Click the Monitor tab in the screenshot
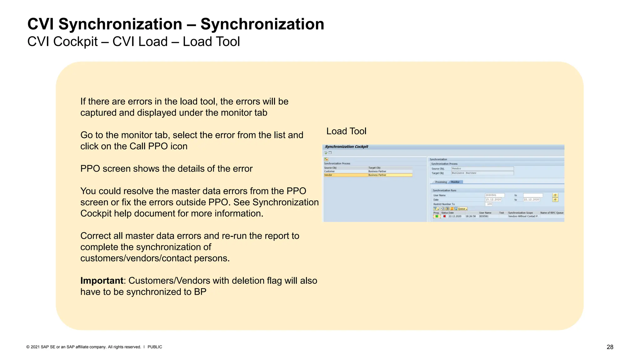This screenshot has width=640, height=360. click(455, 182)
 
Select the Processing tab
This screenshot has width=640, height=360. click(441, 182)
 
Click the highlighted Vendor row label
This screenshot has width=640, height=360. click(328, 175)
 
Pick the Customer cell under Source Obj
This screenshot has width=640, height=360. click(329, 171)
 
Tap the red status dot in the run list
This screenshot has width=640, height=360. click(444, 216)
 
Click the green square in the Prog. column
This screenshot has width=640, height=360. click(437, 216)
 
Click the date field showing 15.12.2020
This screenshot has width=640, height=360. click(493, 199)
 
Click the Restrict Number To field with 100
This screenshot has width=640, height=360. click(489, 204)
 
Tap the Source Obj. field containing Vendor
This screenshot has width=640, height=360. click(482, 168)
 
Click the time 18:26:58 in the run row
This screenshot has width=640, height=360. click(470, 216)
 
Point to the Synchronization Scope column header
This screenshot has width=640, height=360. click(520, 213)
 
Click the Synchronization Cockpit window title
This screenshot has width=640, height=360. click(346, 147)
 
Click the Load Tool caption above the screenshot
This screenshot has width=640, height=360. click(346, 131)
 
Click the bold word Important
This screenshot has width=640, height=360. click(102, 281)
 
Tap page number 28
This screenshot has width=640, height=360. click(610, 347)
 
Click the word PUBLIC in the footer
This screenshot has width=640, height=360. click(155, 347)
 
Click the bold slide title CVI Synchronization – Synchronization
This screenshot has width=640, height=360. click(176, 24)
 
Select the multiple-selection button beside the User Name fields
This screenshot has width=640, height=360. click(555, 195)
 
